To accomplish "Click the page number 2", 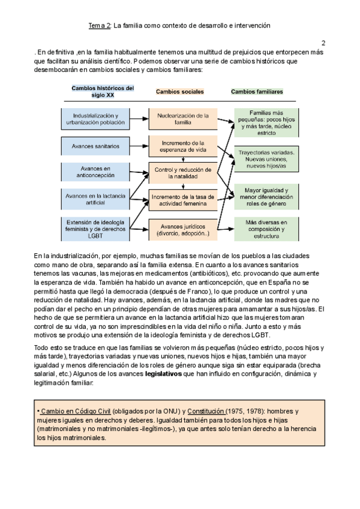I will coord(323,43).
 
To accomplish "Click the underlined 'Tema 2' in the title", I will coord(100,26).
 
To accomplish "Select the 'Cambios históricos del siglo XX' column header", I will coord(103,91).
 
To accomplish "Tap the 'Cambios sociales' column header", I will coord(180,92).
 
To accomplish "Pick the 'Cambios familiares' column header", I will coord(257,92).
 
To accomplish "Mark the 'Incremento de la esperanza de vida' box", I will coord(182,146).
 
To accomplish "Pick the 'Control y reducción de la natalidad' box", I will coord(182,173).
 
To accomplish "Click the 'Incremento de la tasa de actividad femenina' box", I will coord(182,200).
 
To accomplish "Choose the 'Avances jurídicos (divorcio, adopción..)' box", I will coord(182,229).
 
